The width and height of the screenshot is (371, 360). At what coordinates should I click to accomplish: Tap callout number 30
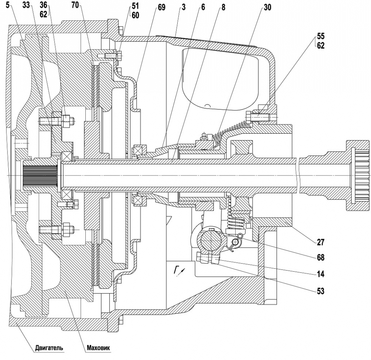(x=267, y=7)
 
